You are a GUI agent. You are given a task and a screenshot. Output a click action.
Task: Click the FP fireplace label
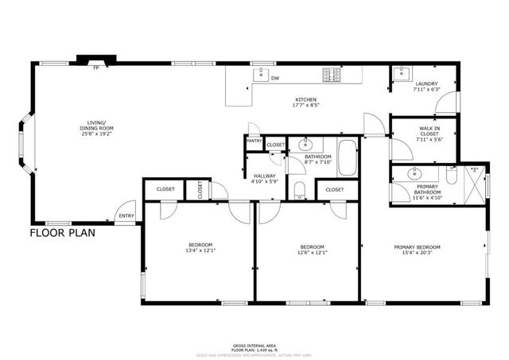95,68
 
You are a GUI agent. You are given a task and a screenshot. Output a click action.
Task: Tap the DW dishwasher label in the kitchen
274,78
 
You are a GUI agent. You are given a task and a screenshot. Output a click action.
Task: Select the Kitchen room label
306,99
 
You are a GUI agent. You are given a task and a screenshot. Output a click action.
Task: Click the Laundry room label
427,83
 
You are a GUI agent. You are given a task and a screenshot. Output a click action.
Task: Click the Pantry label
254,141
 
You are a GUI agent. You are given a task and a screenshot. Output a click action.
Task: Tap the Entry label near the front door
126,215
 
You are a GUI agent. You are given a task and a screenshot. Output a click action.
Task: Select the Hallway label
264,176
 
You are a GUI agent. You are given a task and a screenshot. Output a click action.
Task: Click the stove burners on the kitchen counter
332,75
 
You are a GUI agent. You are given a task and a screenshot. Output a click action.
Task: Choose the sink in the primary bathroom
414,174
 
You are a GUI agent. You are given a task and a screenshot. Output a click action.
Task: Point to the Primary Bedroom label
418,247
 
